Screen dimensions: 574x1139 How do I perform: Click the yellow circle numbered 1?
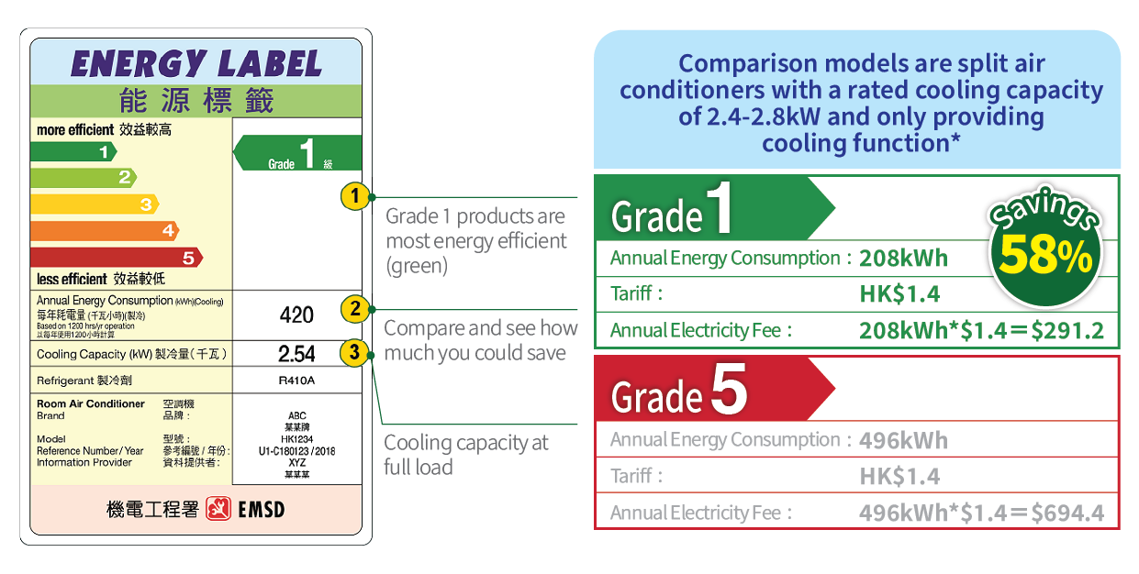click(354, 195)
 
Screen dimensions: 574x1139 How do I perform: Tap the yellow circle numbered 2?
click(354, 309)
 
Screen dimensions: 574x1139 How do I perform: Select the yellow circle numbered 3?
click(354, 352)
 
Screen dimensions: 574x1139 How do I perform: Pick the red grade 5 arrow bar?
click(116, 258)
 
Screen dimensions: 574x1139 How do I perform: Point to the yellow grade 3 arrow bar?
click(94, 204)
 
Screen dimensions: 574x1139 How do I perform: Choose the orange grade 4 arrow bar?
click(104, 231)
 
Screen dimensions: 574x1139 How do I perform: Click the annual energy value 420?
click(296, 315)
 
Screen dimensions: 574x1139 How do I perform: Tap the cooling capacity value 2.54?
click(296, 354)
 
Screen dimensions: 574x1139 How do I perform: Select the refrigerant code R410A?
click(296, 381)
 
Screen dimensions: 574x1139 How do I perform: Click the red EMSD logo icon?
click(218, 509)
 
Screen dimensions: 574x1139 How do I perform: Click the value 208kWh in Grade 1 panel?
click(903, 259)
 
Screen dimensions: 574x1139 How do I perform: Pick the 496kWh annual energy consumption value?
click(903, 440)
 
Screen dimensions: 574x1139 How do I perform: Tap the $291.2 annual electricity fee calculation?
click(981, 331)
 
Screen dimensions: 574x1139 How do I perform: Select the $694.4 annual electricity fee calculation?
click(981, 513)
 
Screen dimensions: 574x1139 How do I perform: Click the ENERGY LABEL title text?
click(195, 63)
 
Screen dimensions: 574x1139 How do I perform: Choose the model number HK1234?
click(296, 439)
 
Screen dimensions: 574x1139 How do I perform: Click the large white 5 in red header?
click(729, 392)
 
